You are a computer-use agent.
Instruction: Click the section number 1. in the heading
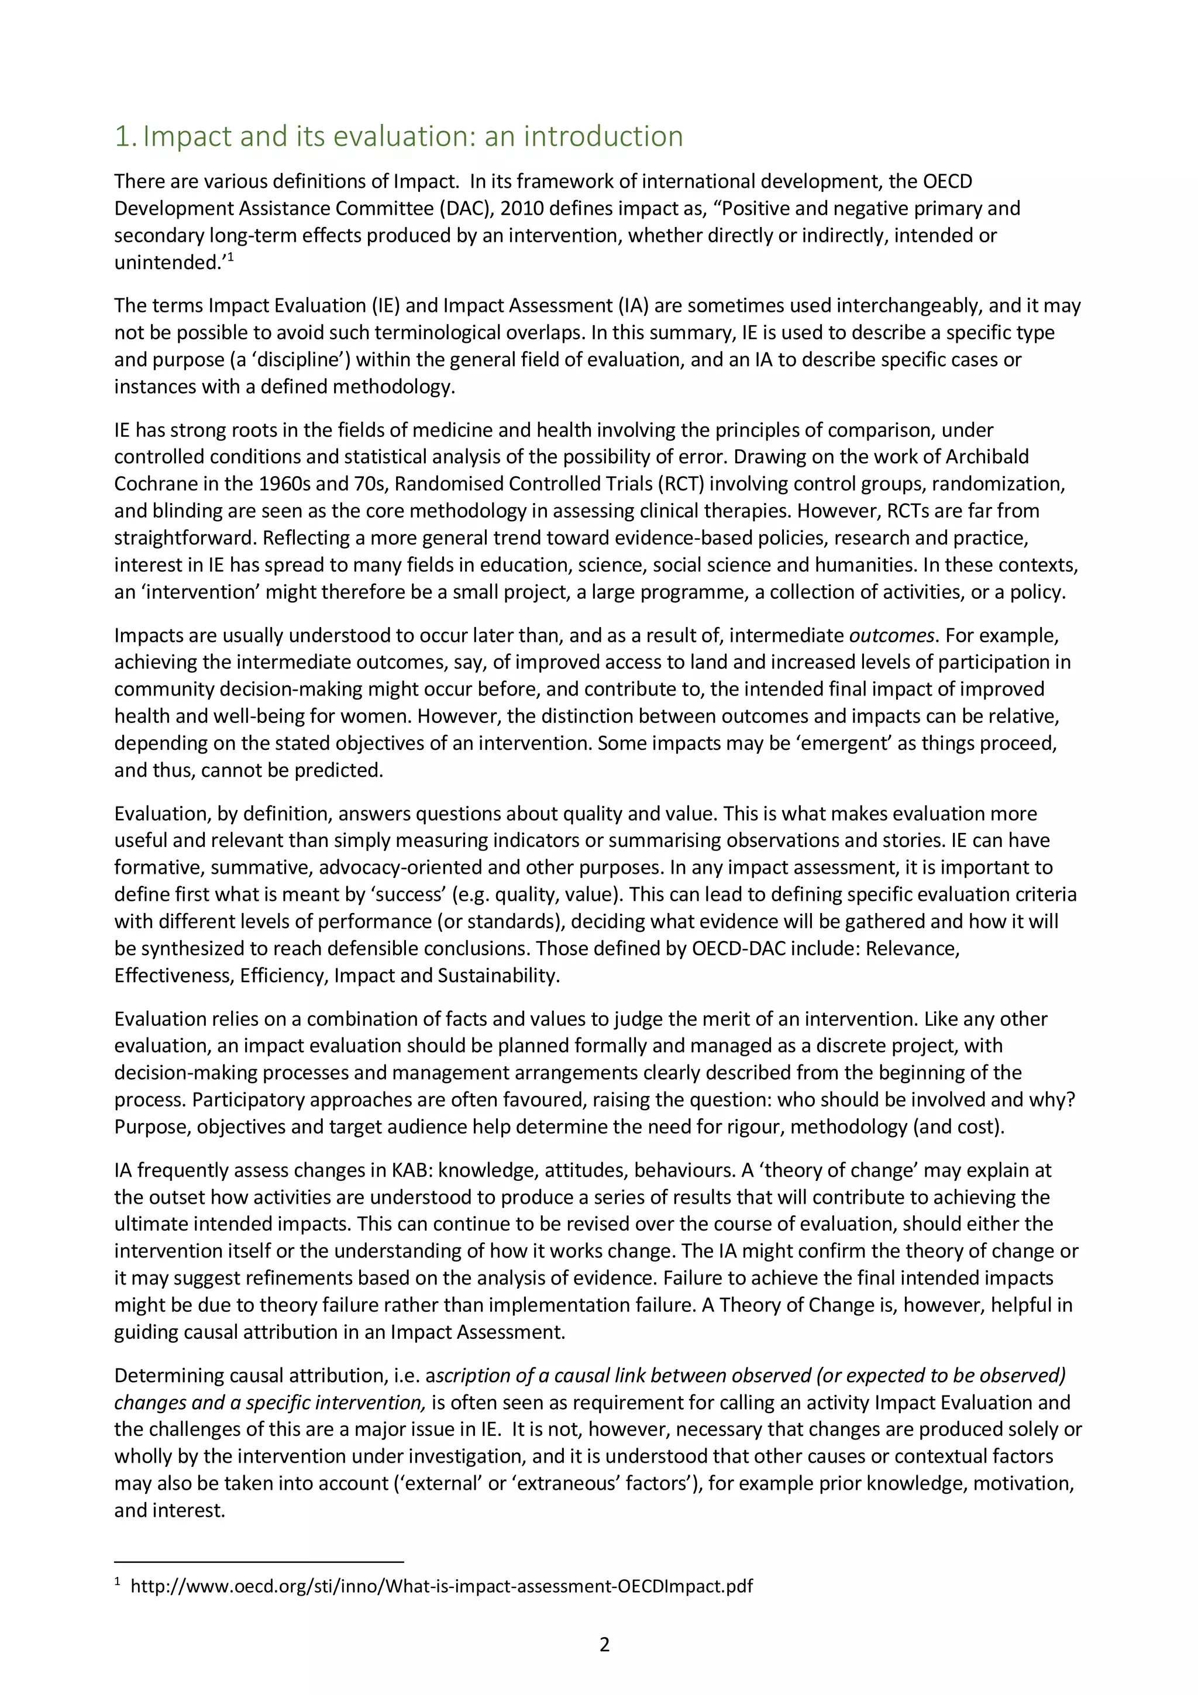pyautogui.click(x=126, y=137)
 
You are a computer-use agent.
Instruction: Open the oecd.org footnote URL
pyautogui.click(x=442, y=1586)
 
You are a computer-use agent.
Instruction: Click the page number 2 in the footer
pyautogui.click(x=604, y=1645)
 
